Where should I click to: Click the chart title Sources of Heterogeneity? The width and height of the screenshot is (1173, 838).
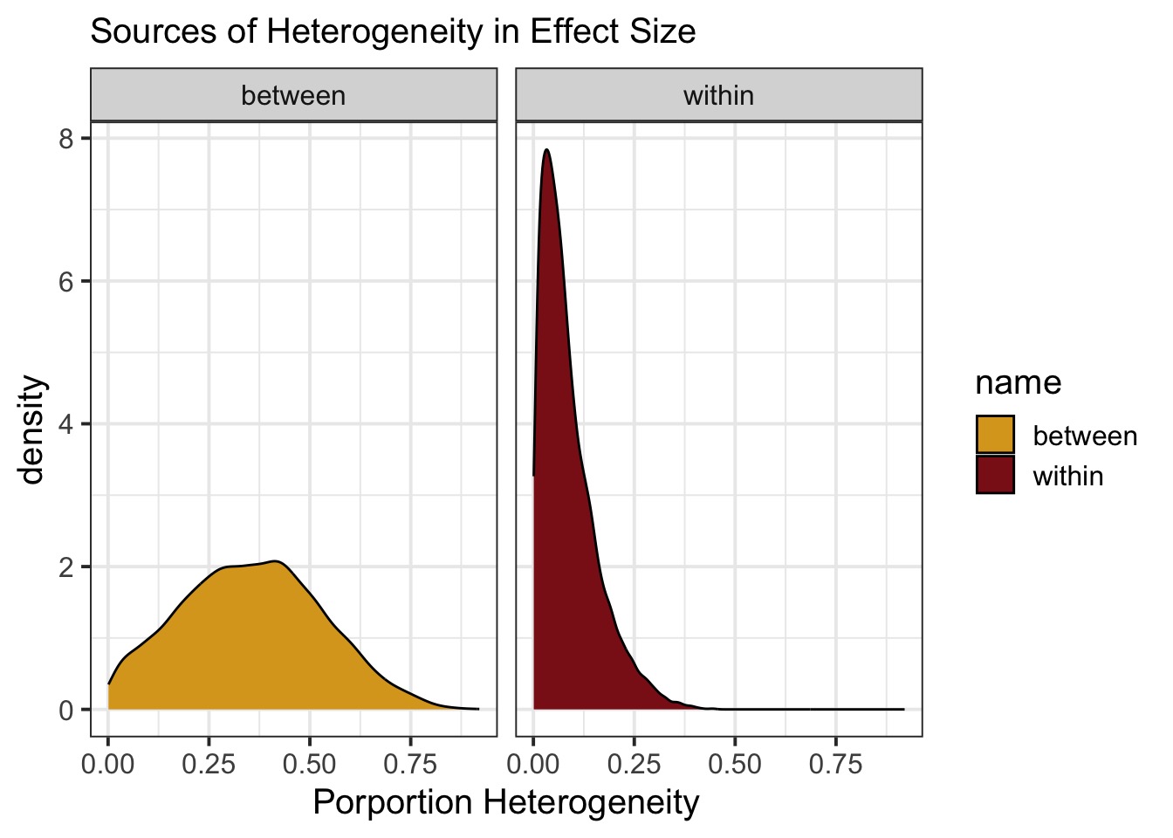[393, 32]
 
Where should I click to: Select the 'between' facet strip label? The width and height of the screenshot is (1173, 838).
[293, 95]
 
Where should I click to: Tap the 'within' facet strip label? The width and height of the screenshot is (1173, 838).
[718, 95]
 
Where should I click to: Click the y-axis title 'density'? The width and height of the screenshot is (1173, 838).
[32, 429]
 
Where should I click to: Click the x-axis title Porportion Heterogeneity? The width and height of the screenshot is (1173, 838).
[506, 802]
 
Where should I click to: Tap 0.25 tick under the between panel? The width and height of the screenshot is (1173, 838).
[209, 765]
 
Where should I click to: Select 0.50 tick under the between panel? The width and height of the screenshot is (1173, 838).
[310, 765]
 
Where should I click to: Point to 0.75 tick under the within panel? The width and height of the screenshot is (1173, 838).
[835, 765]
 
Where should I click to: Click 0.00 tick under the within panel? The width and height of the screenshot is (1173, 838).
[533, 765]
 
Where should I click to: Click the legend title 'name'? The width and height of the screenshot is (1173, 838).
[1018, 382]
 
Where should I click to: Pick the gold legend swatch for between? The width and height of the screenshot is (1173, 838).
[995, 435]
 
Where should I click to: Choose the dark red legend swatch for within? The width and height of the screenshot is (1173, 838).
[995, 475]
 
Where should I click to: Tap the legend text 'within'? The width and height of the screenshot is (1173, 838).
[1067, 476]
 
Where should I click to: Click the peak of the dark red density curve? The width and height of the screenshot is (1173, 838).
[546, 150]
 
